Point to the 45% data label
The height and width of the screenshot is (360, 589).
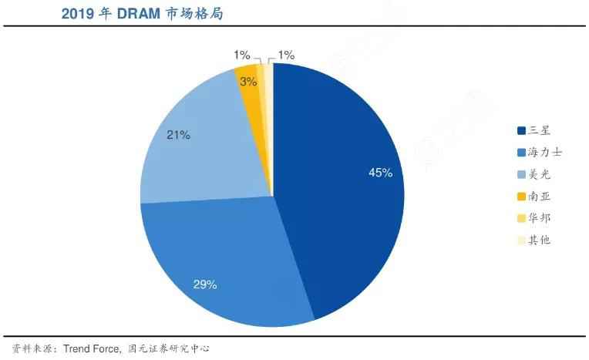381,173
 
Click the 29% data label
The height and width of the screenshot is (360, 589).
204,284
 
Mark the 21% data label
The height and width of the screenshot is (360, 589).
178,135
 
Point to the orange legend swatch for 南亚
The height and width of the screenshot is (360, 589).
522,197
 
